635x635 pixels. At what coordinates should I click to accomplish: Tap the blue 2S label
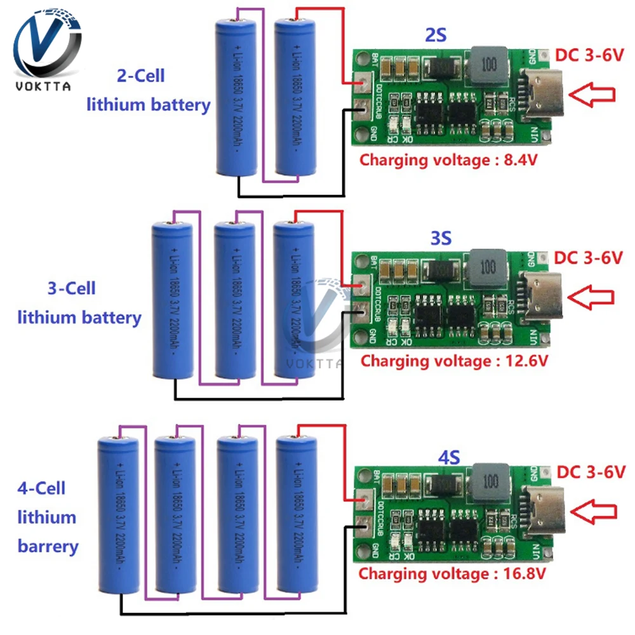click(436, 36)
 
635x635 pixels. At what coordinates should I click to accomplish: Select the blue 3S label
click(441, 238)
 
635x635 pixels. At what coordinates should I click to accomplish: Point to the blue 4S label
click(448, 456)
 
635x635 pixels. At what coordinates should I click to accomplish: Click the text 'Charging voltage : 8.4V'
click(449, 159)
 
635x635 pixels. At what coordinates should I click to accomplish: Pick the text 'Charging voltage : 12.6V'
click(454, 361)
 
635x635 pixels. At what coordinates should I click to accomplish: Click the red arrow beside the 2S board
click(592, 95)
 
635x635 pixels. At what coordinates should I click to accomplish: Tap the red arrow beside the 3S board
click(591, 295)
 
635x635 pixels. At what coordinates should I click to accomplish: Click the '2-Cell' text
click(140, 76)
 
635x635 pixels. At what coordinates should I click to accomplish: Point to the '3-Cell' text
click(71, 288)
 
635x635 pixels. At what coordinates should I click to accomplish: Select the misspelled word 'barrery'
click(48, 546)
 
